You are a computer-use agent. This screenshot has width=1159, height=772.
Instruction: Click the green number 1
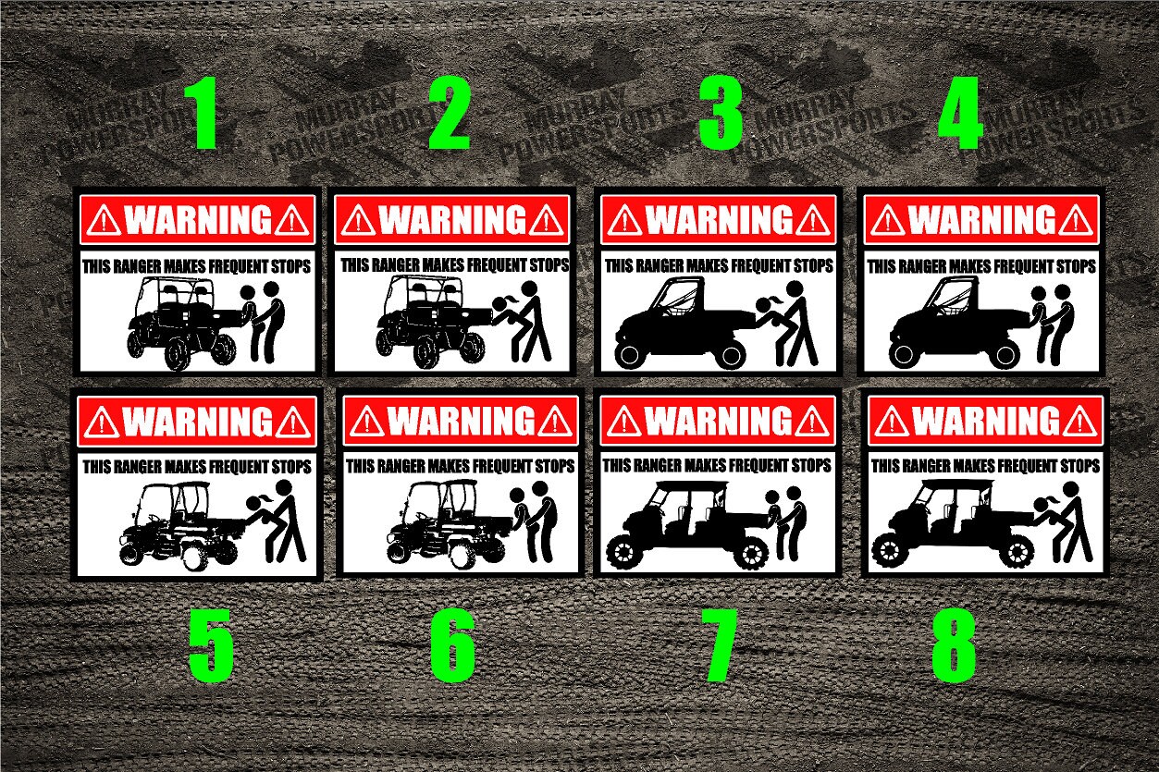point(203,116)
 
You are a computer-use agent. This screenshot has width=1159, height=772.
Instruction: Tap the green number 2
point(450,116)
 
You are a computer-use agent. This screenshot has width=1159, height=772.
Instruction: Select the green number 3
point(721,116)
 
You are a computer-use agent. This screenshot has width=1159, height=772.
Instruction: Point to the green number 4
point(960,116)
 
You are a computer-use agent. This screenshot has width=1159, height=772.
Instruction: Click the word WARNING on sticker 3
point(719,220)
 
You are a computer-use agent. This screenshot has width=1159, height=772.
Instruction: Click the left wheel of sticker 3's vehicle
point(628,354)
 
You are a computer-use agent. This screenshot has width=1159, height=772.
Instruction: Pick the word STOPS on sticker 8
point(1075,466)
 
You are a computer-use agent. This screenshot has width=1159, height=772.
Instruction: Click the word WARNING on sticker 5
point(197,422)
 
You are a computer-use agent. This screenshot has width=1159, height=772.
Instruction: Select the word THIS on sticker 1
point(96,267)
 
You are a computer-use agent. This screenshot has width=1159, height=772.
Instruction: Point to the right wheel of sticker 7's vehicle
point(752,554)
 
